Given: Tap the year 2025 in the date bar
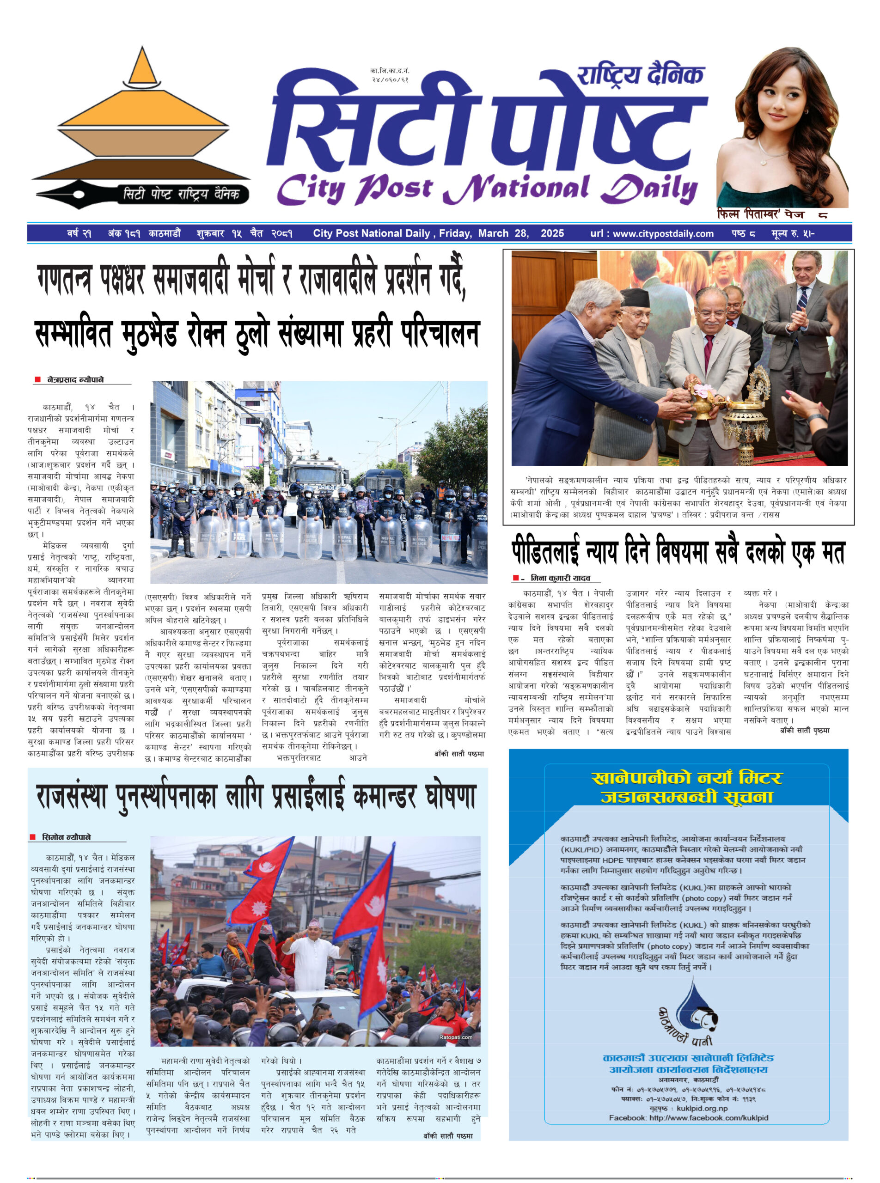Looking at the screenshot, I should (x=552, y=233).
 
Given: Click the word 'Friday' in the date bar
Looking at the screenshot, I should (x=454, y=233).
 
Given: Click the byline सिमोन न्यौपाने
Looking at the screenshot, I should (x=66, y=837).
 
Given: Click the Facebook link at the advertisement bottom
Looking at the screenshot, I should (x=688, y=1117).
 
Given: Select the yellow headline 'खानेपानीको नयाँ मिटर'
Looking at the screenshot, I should (x=686, y=778).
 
